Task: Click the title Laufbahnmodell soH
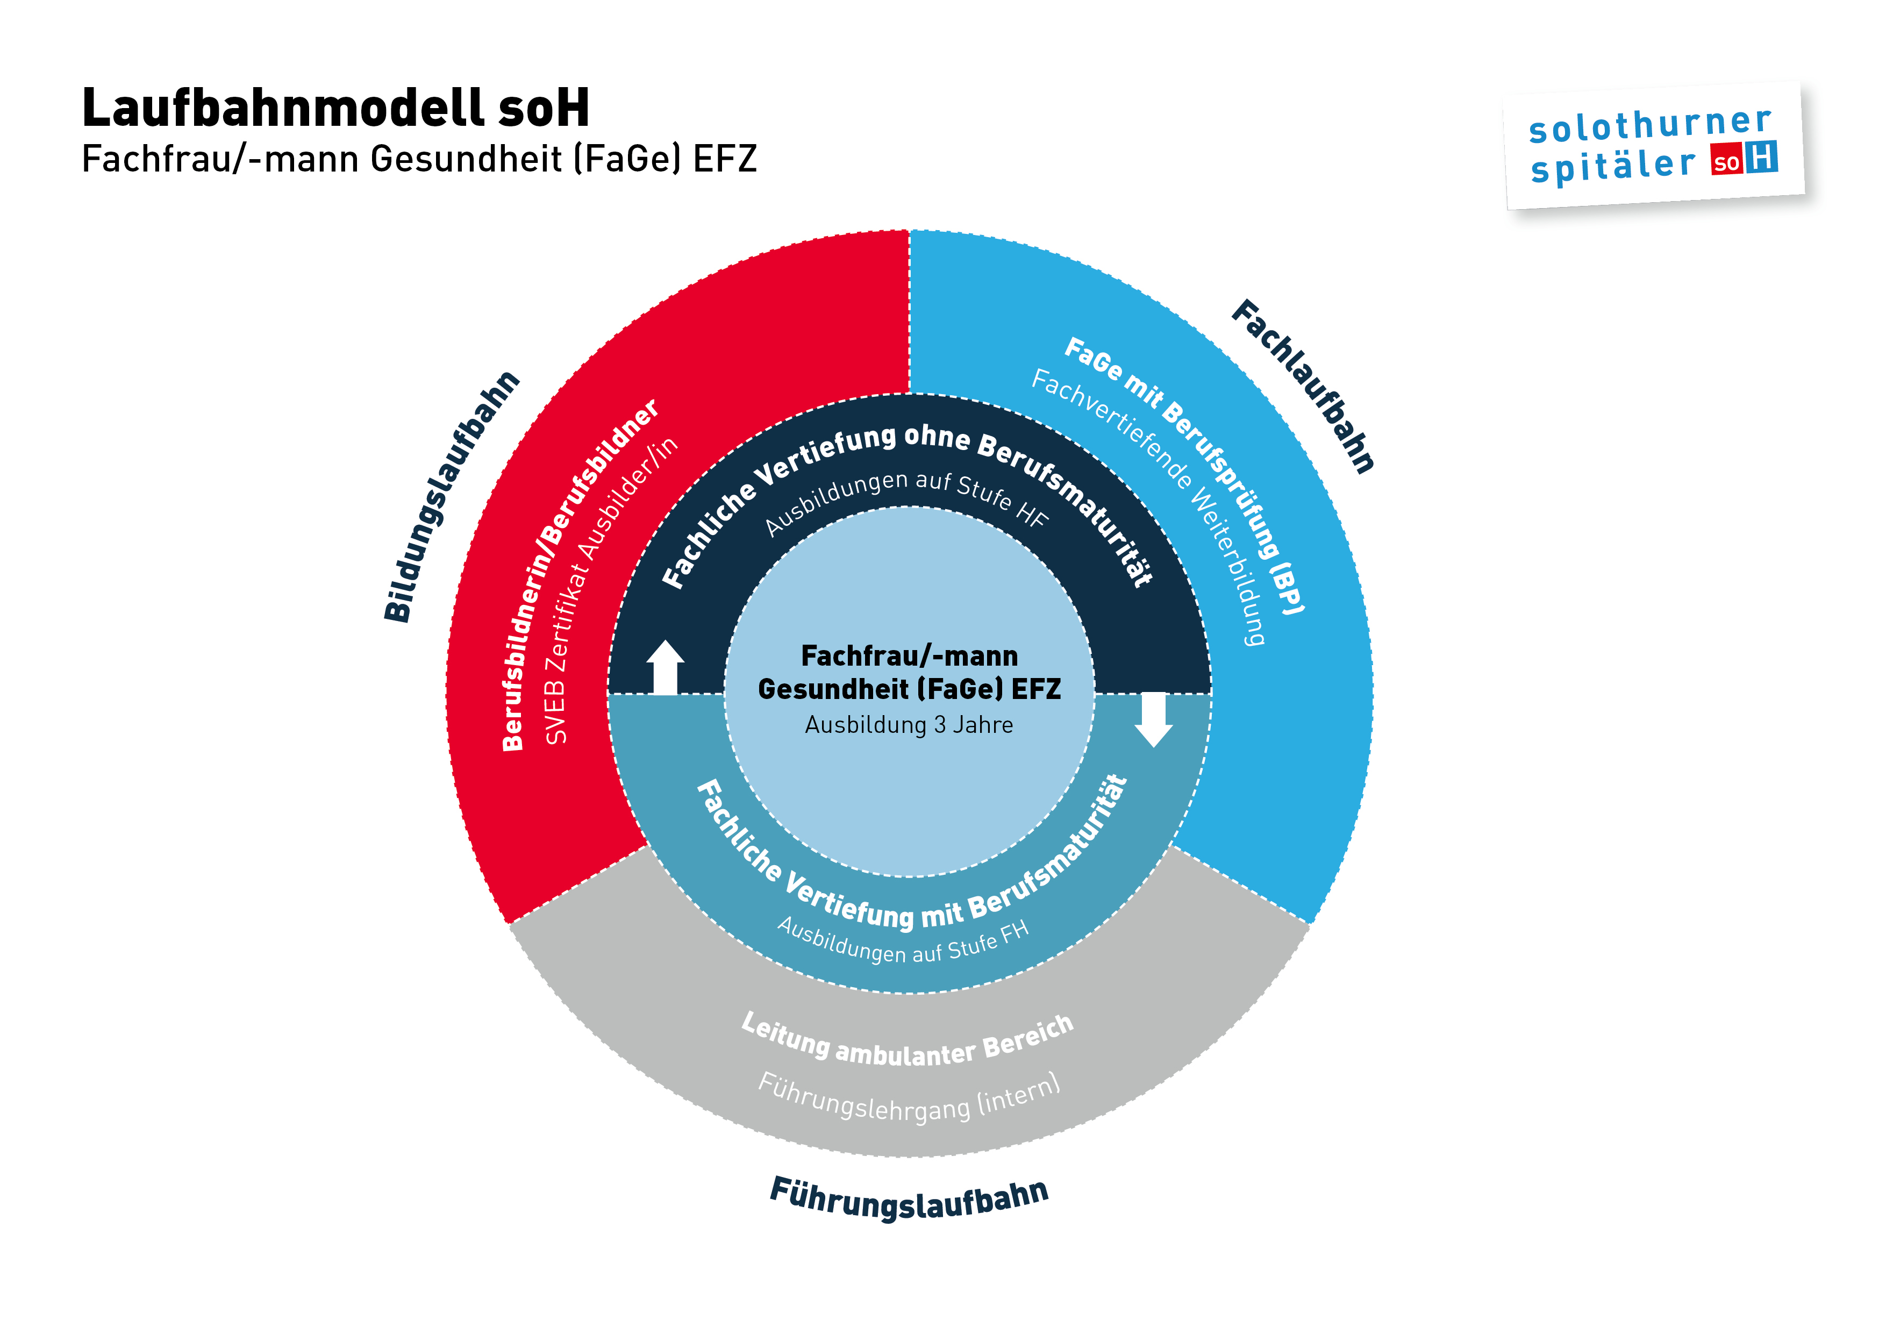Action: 335,108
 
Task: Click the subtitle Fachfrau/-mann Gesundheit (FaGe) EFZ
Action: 419,159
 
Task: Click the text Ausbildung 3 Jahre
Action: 909,724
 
